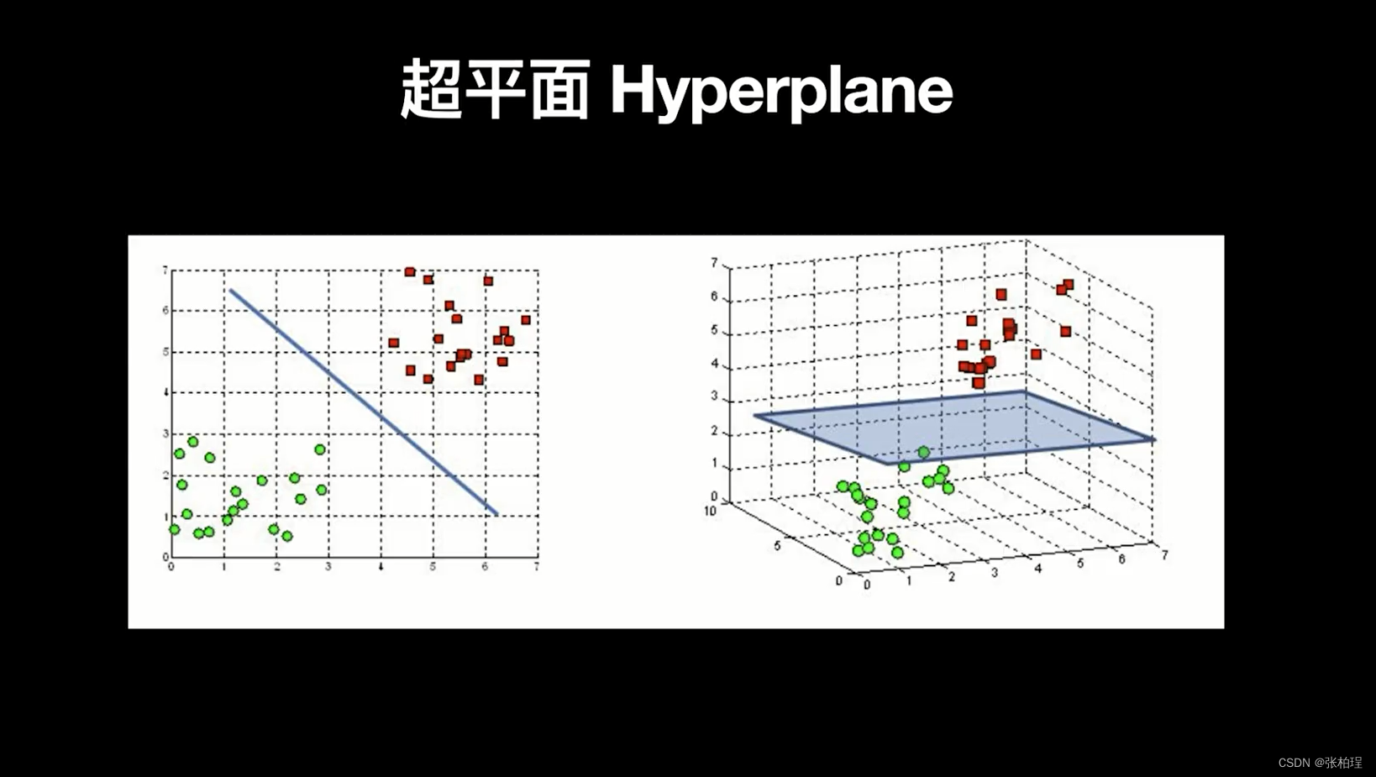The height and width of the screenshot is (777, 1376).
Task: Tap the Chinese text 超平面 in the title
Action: coord(495,89)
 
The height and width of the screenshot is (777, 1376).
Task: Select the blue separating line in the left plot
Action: coord(363,402)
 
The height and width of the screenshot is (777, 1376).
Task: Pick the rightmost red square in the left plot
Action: coord(526,320)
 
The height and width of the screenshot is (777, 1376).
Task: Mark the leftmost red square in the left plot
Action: coord(393,343)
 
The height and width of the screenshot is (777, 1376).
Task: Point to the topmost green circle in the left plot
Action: coord(192,442)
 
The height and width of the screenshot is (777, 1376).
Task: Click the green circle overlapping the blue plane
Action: coord(923,452)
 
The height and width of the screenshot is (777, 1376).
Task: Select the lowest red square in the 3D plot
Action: coord(979,383)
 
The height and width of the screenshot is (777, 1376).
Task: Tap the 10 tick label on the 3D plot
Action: coord(710,511)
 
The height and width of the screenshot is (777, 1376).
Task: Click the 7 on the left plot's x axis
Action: coord(536,567)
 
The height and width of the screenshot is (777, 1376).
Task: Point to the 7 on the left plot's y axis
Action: coord(165,270)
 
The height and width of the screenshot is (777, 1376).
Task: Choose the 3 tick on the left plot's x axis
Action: coord(328,567)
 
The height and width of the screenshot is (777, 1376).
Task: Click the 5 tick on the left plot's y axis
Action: coord(165,352)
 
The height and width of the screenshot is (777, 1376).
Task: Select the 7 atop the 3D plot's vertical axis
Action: coord(714,263)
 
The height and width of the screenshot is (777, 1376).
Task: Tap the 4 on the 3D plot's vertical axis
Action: coord(714,365)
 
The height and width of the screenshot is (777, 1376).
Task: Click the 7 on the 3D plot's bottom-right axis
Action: coord(1164,555)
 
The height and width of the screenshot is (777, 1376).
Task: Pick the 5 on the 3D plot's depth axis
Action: coord(778,546)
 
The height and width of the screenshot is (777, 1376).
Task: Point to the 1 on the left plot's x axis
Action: coord(224,567)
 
